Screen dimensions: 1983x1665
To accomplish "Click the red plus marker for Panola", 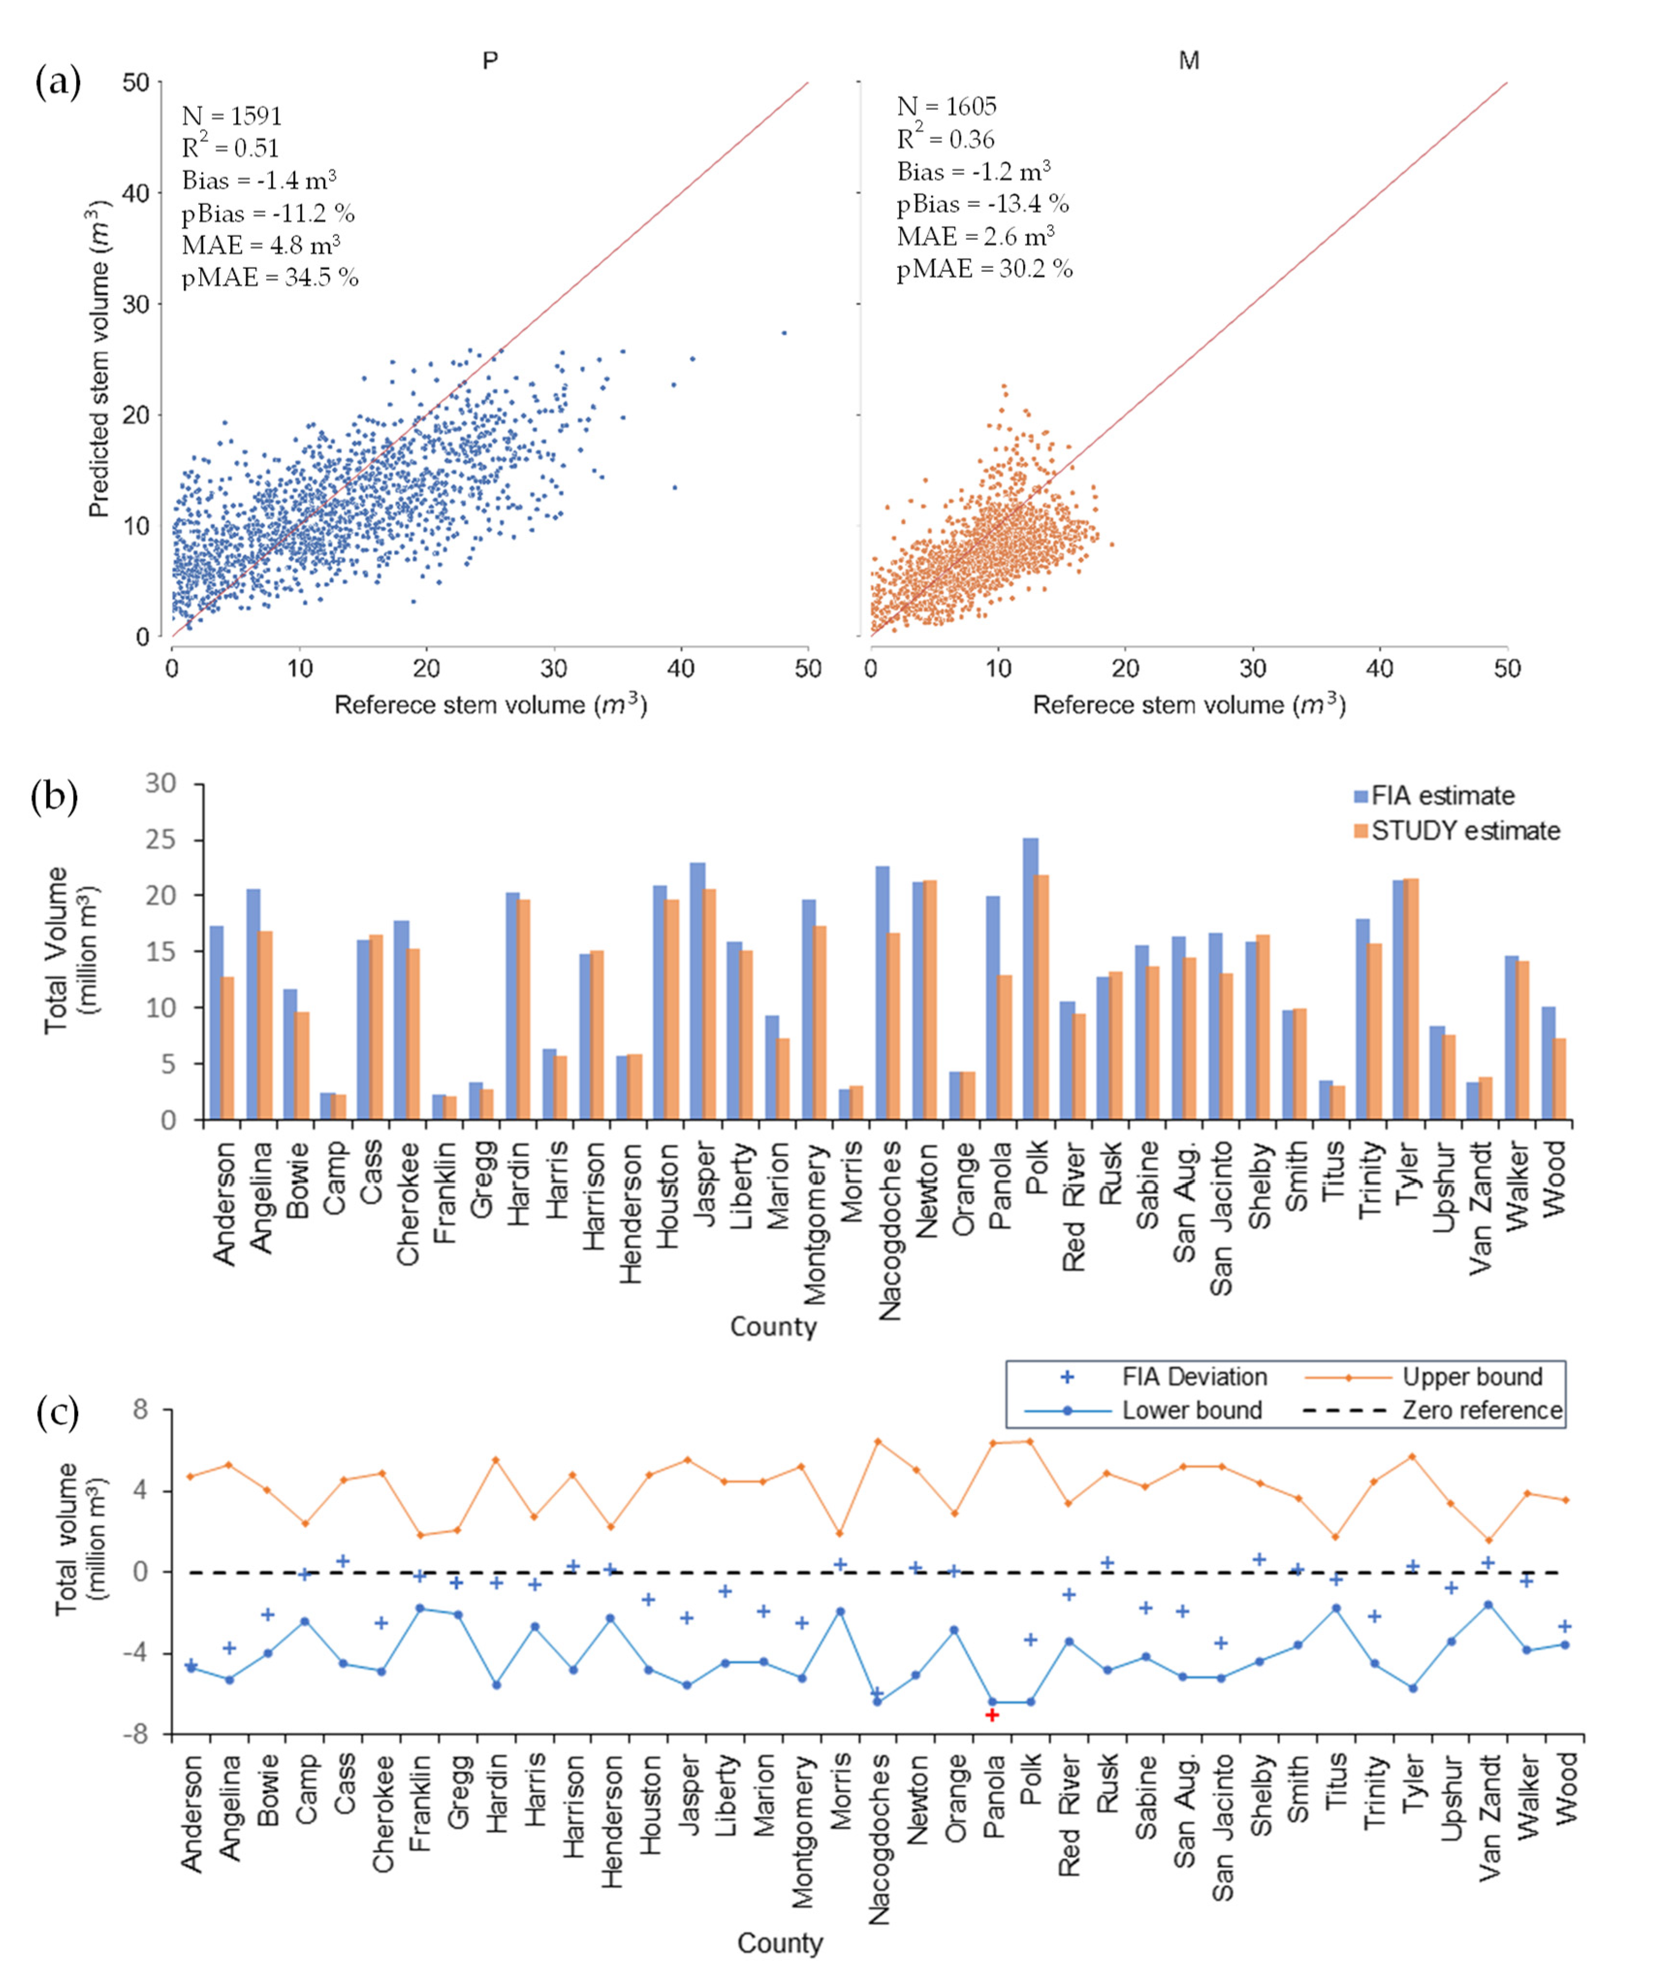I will click(991, 1715).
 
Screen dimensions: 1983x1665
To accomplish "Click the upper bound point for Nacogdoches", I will click(878, 1441).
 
